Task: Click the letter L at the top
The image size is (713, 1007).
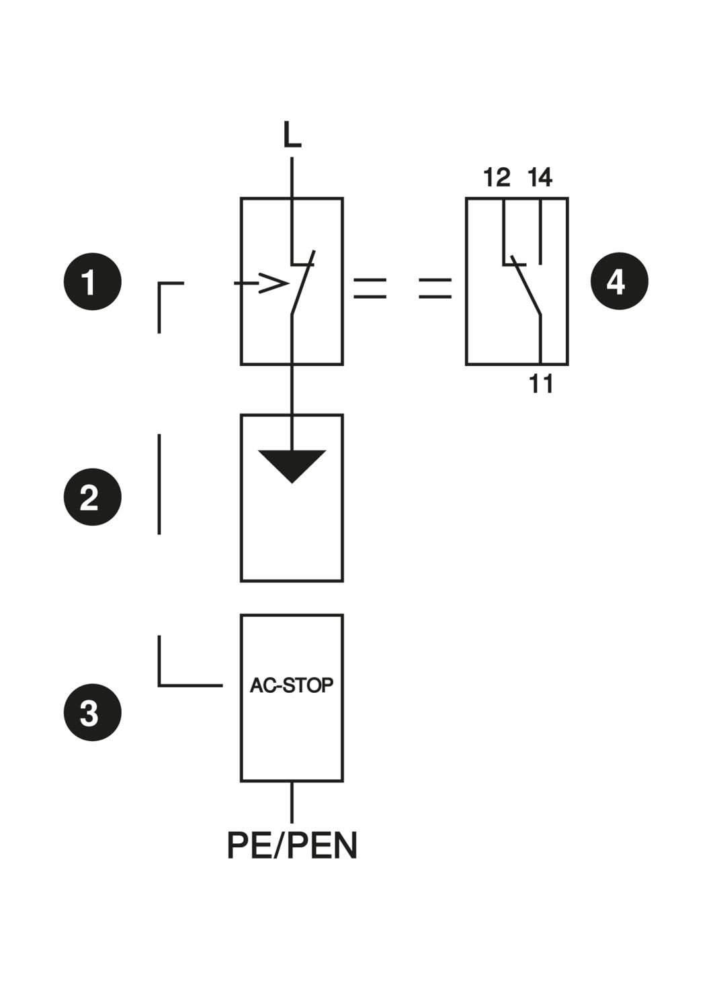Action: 292,135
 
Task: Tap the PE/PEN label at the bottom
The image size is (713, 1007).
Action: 292,845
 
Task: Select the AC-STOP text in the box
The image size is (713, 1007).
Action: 292,685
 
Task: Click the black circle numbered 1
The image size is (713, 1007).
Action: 93,282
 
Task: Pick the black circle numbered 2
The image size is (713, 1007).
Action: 93,497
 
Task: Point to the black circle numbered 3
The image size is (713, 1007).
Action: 93,712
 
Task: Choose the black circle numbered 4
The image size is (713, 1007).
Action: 619,282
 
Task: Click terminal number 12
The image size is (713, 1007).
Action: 497,178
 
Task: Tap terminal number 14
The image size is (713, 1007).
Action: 540,178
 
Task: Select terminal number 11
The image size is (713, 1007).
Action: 541,385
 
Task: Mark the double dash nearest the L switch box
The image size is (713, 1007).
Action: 370,288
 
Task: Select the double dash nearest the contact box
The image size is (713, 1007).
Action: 435,288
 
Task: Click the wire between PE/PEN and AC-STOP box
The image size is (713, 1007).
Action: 292,802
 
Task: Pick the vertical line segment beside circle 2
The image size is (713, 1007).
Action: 159,484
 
